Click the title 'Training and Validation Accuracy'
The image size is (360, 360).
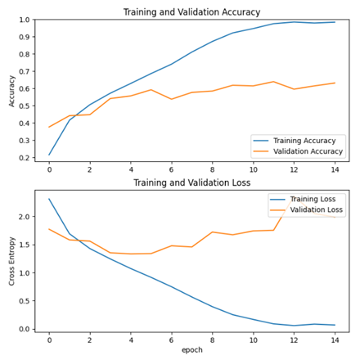point(191,12)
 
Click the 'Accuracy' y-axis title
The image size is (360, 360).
point(11,89)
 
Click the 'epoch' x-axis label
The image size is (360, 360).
point(191,350)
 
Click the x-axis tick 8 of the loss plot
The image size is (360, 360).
point(213,339)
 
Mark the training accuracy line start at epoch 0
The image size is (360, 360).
point(49,155)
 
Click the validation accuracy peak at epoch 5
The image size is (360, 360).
point(151,90)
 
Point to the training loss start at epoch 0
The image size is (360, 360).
point(49,199)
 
